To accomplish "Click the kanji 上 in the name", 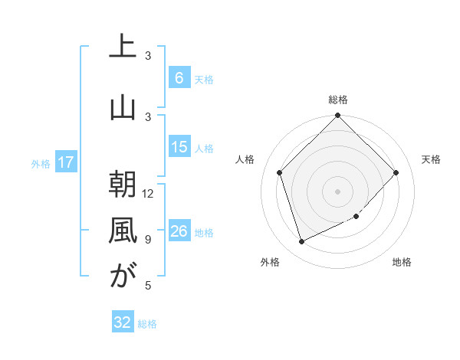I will coord(122,47).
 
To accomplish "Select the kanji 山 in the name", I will coord(122,108).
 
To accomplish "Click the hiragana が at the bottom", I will coord(122,277).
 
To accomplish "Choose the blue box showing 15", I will coord(179,147).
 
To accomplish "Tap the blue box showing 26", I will coord(179,231).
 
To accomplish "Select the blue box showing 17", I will coord(66,162).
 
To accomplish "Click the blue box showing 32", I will coord(123,322).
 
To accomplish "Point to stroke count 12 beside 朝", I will coord(149,193).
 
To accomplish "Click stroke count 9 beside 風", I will coord(148,239).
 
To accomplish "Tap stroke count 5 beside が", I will coord(148,285).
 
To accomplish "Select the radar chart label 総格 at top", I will coord(337,100).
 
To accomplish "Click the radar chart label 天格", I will coord(431,159).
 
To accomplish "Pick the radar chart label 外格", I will coord(269,262).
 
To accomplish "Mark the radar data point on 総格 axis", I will coord(337,116).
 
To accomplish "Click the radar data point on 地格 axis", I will coord(356,216).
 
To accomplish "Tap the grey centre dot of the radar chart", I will coord(337,191).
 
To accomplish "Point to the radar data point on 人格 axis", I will coord(280,172).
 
